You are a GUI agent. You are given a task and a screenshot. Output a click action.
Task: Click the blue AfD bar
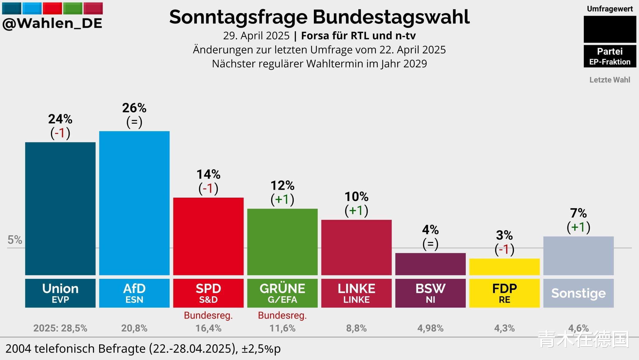(134, 203)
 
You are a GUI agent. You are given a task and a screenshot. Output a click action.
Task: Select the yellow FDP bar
(504, 267)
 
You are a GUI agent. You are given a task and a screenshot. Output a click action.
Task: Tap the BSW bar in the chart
(430, 264)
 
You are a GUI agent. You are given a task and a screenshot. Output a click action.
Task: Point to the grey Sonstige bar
(578, 256)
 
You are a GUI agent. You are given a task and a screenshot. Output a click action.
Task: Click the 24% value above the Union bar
(60, 119)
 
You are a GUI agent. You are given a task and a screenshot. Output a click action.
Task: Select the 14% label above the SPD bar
(208, 174)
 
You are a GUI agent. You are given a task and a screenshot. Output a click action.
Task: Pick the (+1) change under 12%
(282, 199)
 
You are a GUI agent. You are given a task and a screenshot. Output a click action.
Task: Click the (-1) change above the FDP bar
(504, 249)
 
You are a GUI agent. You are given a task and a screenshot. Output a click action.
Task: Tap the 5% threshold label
(15, 240)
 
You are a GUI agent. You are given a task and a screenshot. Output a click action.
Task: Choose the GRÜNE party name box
(282, 293)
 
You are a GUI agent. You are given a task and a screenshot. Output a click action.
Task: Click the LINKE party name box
(356, 293)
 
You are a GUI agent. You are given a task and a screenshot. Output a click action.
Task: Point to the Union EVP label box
(60, 293)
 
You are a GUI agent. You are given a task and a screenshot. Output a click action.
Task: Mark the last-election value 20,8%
(134, 328)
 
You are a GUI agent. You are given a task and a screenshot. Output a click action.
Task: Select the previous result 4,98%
(430, 328)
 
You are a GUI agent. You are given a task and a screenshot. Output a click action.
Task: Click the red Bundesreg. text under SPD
(208, 315)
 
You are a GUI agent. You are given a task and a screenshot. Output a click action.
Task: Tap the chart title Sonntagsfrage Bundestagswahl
(319, 17)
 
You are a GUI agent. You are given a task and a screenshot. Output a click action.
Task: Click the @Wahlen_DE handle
(52, 23)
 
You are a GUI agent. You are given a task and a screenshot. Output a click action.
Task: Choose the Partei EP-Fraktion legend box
(610, 56)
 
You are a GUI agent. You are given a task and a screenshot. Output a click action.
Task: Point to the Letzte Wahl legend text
(610, 80)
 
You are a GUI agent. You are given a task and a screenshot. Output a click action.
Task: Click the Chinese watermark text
(583, 339)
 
